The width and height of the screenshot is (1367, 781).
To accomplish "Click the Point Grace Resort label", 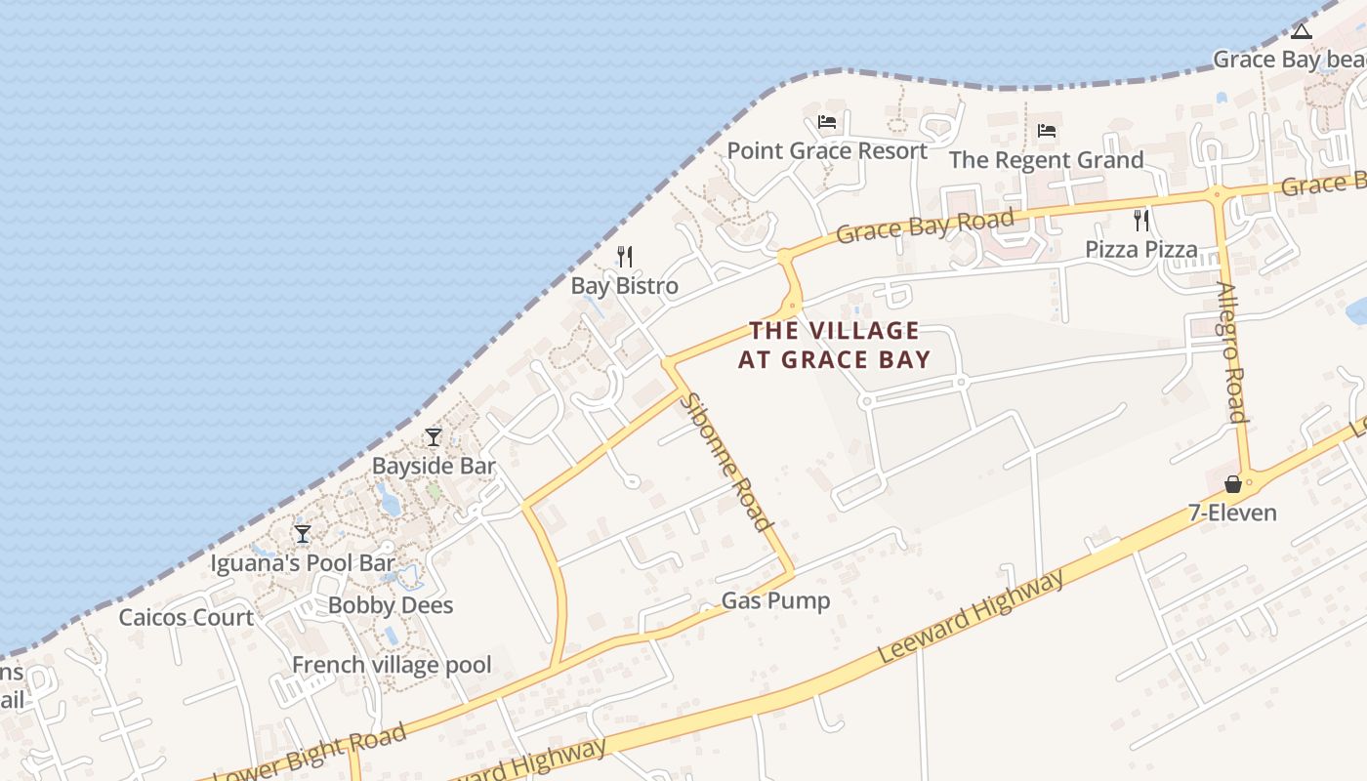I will pyautogui.click(x=827, y=151).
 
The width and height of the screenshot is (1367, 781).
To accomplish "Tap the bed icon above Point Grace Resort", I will pyautogui.click(x=827, y=122).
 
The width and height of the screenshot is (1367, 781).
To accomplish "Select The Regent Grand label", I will pyautogui.click(x=1046, y=160).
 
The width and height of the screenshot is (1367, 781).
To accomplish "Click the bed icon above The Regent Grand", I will pyautogui.click(x=1047, y=130).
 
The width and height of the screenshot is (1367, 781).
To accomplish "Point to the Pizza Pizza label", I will pyautogui.click(x=1141, y=250).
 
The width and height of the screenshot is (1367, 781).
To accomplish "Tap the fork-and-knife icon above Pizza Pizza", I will pyautogui.click(x=1140, y=220).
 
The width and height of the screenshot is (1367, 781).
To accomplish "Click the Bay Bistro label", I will pyautogui.click(x=624, y=286).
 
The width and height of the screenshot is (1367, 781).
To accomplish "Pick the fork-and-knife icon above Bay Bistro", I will pyautogui.click(x=625, y=257).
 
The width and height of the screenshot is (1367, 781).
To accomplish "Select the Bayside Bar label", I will pyautogui.click(x=434, y=467).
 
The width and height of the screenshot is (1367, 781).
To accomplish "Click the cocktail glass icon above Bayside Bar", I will pyautogui.click(x=434, y=436).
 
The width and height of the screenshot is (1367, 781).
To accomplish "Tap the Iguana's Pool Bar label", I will pyautogui.click(x=303, y=563).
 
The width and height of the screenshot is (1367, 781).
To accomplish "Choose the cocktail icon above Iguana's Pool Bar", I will pyautogui.click(x=303, y=533).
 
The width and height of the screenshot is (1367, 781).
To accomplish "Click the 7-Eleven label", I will pyautogui.click(x=1232, y=513).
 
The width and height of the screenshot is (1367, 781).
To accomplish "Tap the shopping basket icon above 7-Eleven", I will pyautogui.click(x=1233, y=483).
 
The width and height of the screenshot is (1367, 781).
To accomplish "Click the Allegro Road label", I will pyautogui.click(x=1232, y=352).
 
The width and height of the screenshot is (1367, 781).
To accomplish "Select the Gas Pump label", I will pyautogui.click(x=775, y=600).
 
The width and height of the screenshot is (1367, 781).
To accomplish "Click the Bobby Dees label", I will pyautogui.click(x=391, y=605).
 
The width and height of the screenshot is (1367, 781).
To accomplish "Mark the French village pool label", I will pyautogui.click(x=392, y=666).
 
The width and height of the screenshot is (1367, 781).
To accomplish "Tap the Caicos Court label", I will pyautogui.click(x=186, y=617).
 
